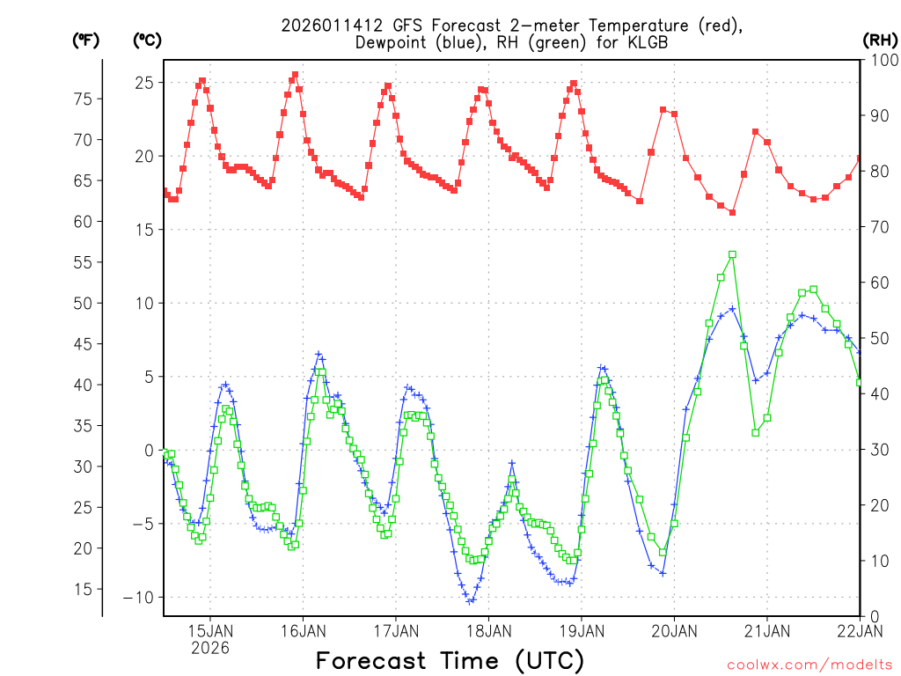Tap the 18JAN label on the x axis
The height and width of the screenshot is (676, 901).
pos(488,630)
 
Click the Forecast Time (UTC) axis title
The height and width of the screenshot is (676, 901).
pos(450,660)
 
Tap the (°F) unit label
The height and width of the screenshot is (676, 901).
pos(86,40)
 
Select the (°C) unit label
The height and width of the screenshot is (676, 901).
pos(147,40)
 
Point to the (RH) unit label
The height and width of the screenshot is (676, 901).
pos(879,40)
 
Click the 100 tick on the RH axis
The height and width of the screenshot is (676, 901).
pos(883,60)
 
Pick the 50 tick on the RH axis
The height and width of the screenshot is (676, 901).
pos(879,338)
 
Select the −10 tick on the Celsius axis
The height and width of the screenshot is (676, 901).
pos(141,598)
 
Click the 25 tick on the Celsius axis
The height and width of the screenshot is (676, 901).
pos(144,83)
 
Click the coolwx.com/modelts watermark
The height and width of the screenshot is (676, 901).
pos(809,664)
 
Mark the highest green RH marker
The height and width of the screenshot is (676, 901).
pos(732,254)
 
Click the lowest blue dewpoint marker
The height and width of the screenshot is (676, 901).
pos(471,601)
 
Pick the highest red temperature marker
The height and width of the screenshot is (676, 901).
pos(295,75)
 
